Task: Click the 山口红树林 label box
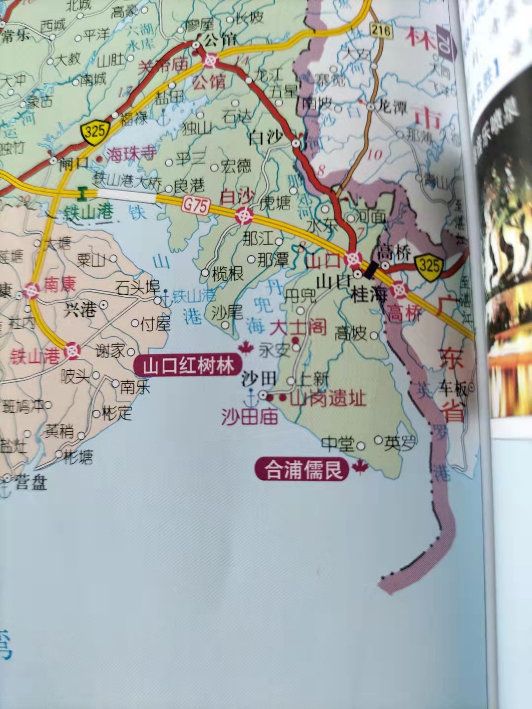189,366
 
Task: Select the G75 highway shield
196,205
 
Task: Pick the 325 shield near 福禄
94,131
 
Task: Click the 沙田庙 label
249,417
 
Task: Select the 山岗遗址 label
328,398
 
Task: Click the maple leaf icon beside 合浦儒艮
361,467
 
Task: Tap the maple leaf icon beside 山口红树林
245,349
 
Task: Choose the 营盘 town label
31,483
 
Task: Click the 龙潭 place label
393,107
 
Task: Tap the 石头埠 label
138,287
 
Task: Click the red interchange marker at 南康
31,291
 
